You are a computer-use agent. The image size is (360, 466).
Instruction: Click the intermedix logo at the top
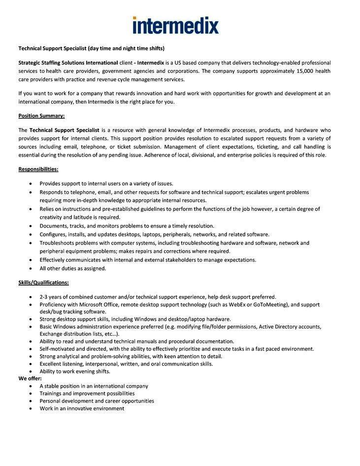coord(175,25)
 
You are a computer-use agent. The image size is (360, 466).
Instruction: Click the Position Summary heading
coord(41,116)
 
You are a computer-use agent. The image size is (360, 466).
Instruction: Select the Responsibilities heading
coord(38,169)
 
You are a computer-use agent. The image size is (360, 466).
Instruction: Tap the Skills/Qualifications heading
coord(43,282)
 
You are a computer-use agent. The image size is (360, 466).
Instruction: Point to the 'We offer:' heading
coord(30,378)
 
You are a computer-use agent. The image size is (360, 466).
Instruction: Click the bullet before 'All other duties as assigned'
coord(31,268)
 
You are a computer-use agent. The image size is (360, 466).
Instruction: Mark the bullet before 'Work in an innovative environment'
coord(31,408)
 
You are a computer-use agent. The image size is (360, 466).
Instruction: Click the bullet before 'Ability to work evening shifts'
coord(31,371)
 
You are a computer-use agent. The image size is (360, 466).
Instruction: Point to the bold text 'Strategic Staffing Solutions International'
coord(68,63)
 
